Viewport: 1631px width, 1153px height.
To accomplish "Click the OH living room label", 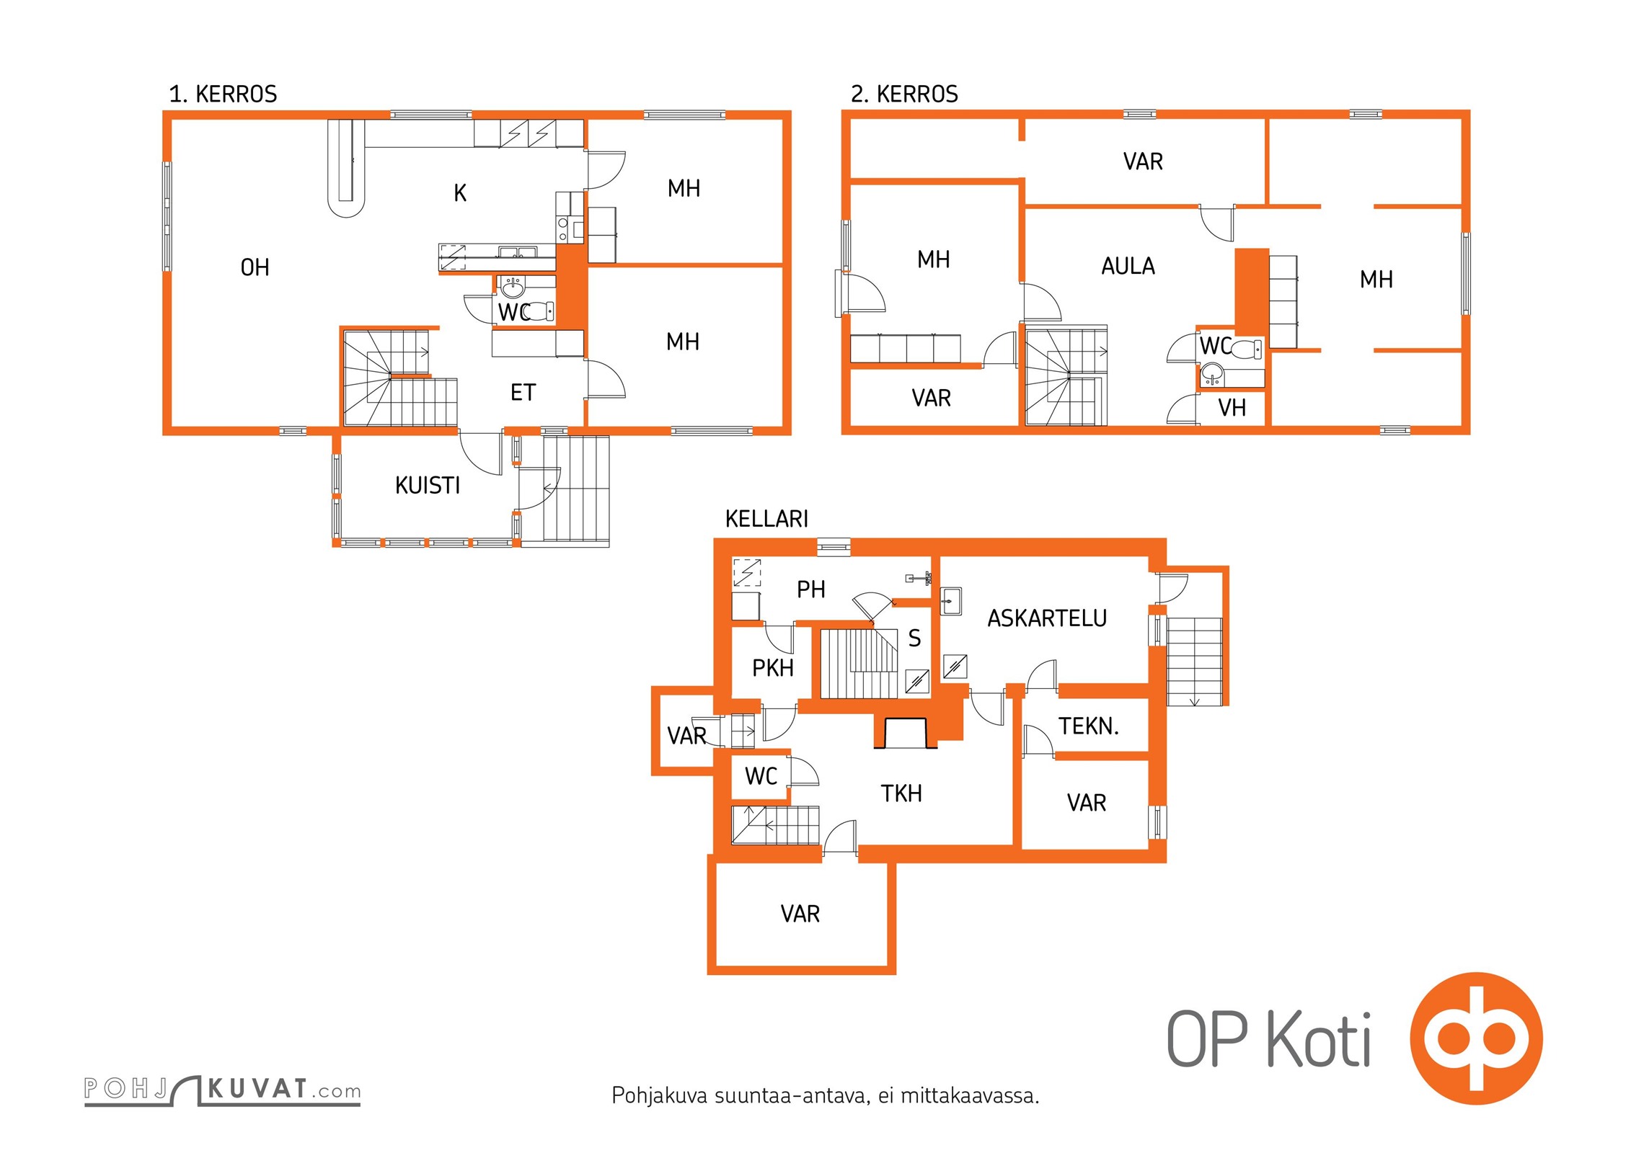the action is tap(255, 267).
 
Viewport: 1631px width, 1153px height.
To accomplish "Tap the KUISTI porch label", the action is tap(428, 485).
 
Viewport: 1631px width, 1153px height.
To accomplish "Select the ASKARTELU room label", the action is tap(1047, 618).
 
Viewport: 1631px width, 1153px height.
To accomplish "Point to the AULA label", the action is tap(1128, 266).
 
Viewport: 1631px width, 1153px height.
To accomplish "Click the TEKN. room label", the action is tap(1089, 726).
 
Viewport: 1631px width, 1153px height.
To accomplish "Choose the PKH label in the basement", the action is tap(773, 668).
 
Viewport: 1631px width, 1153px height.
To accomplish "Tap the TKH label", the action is tap(901, 793).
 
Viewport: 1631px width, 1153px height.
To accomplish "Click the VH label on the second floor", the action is tap(1232, 408).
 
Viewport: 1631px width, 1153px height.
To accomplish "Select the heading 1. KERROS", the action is tap(223, 94).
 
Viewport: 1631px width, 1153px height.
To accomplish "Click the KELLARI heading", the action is tap(766, 518).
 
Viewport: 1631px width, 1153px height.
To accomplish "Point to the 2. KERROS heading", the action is tap(904, 94).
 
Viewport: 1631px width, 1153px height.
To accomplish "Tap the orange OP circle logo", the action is tap(1476, 1038).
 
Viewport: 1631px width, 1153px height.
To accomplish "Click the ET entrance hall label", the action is tap(523, 392).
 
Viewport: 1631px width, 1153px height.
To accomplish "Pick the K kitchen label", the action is tap(460, 192).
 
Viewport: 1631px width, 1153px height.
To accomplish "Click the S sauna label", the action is tap(914, 638).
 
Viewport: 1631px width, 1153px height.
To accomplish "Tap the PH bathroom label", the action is tap(810, 589).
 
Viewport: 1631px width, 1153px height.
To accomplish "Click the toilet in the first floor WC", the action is tap(540, 311).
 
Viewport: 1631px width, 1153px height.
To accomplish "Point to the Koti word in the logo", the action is tap(1319, 1038).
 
